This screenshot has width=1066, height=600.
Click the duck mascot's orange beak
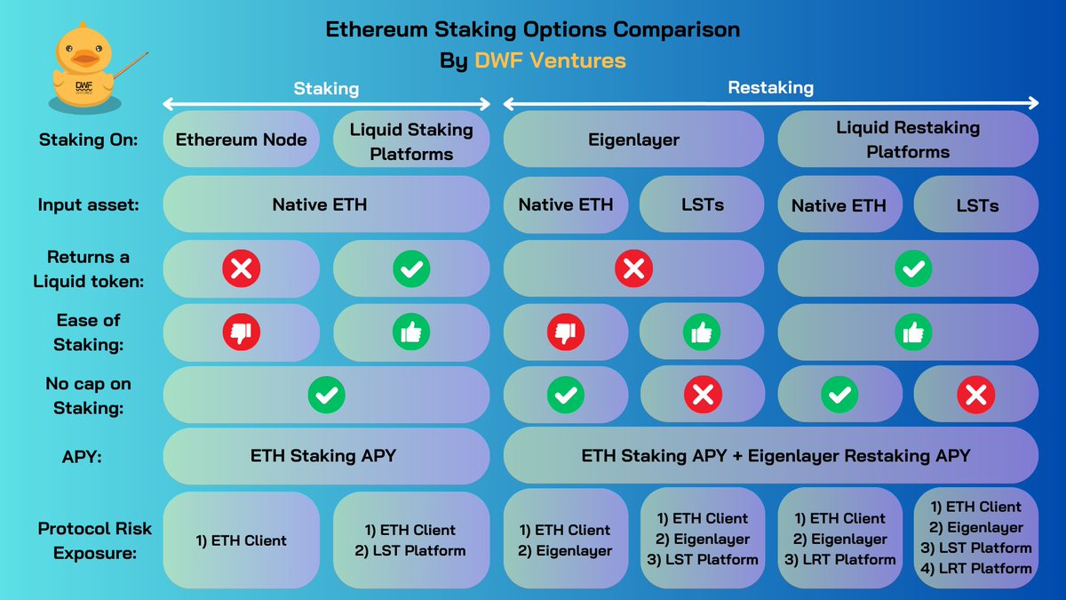84,59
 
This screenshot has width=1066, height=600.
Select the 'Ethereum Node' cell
241,139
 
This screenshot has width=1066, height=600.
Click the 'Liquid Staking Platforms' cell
411,140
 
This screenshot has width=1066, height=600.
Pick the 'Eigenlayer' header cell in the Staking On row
632,139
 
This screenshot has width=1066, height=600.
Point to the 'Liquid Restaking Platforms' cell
907,139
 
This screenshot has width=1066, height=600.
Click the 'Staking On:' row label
87,140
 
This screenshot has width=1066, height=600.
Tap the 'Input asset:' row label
87,204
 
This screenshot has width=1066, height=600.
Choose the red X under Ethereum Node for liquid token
241,268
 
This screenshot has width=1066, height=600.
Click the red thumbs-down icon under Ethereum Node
241,332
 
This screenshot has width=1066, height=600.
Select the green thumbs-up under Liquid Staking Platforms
411,332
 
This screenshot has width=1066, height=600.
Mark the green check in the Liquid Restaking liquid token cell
913,268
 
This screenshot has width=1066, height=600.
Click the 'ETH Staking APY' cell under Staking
323,456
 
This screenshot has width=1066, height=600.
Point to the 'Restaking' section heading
770,88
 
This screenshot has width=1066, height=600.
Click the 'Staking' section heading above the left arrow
326,89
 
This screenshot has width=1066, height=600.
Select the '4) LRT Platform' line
976,569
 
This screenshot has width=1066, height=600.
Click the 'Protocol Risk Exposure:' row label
94,539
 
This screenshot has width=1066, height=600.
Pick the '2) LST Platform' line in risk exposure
410,551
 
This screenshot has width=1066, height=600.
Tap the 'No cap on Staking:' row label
87,395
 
